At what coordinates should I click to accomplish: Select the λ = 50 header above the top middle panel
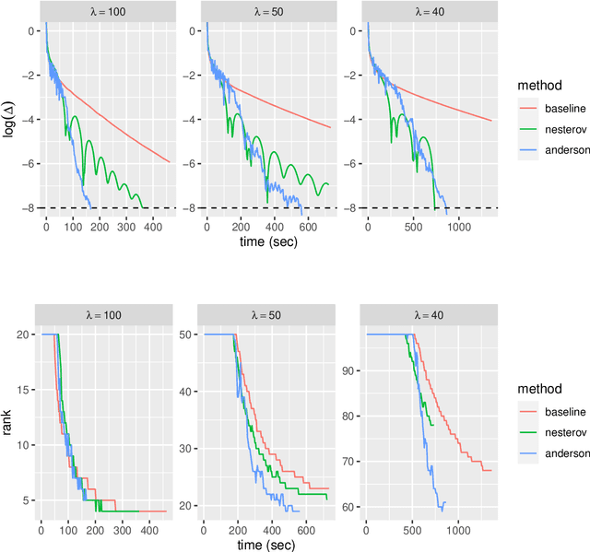click(x=267, y=10)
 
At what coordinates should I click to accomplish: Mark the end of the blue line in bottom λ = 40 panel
click(x=445, y=502)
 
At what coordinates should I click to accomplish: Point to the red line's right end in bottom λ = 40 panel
click(x=491, y=470)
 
